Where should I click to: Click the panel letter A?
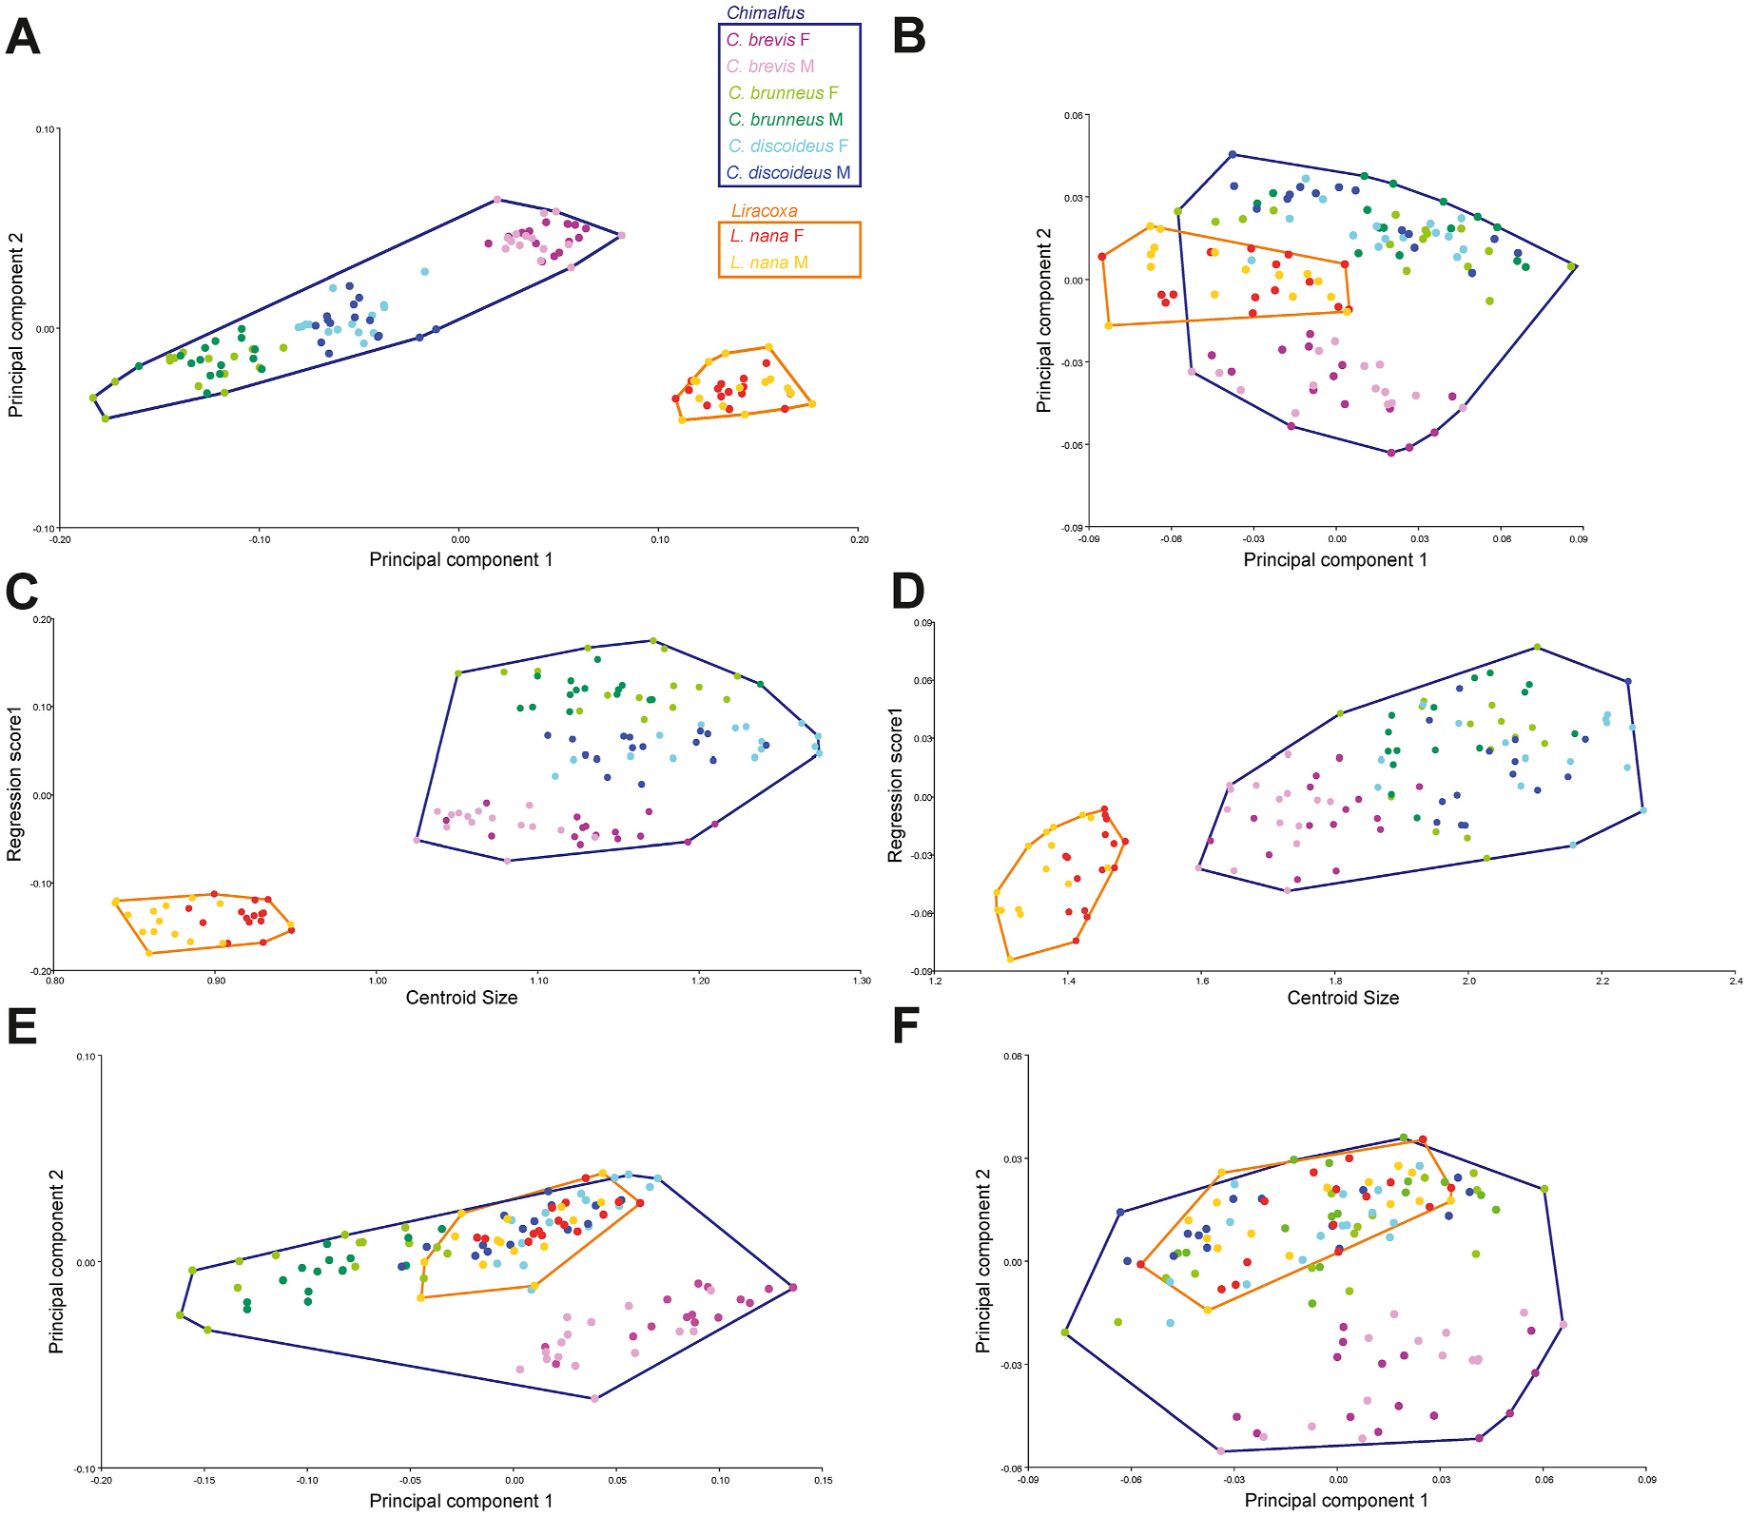(23, 38)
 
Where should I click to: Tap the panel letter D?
(907, 592)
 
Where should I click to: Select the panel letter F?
(906, 1027)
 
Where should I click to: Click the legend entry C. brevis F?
(767, 40)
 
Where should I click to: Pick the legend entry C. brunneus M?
(785, 120)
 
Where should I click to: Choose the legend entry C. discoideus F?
(787, 146)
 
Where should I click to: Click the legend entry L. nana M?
(768, 263)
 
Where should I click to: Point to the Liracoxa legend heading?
(764, 211)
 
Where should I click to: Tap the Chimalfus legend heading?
(765, 13)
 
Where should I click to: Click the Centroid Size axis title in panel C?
(461, 998)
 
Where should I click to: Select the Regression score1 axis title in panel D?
(895, 785)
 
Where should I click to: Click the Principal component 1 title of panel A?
(460, 559)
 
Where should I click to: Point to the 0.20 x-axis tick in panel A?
(859, 539)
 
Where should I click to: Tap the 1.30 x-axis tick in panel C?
(862, 981)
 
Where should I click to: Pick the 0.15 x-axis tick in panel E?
(824, 1480)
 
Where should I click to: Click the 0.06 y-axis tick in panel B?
(1073, 116)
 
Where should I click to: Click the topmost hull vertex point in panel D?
(1537, 648)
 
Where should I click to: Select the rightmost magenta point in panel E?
(793, 1288)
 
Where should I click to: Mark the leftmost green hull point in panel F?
(1065, 1332)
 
